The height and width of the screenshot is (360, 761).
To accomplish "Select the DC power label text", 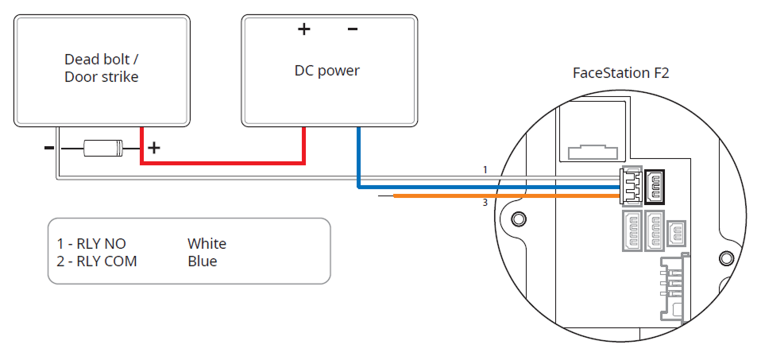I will pos(326,71).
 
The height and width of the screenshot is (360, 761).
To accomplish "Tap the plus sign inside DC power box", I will pos(303,30).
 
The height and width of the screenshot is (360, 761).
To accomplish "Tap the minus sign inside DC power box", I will pos(352,29).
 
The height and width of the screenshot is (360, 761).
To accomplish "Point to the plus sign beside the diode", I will pos(154,148).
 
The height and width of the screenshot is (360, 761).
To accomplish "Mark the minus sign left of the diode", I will pos(49,148).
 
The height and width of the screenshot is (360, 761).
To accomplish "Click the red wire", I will pos(222,163).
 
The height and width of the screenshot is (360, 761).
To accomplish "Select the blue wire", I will pos(477,188).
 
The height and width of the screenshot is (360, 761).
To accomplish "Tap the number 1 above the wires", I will pos(484,170).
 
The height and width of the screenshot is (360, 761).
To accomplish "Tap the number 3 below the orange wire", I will pos(485,203).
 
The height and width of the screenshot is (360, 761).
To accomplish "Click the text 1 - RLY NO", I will pos(91,244).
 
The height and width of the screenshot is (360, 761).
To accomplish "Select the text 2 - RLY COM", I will pos(97,261).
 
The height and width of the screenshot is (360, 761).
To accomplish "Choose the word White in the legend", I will pos(207,244).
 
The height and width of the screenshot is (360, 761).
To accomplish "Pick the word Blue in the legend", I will pos(202,261).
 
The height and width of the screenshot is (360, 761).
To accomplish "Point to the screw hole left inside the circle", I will pos(518,219).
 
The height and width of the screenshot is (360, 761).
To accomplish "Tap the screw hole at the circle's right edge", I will pos(725,258).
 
